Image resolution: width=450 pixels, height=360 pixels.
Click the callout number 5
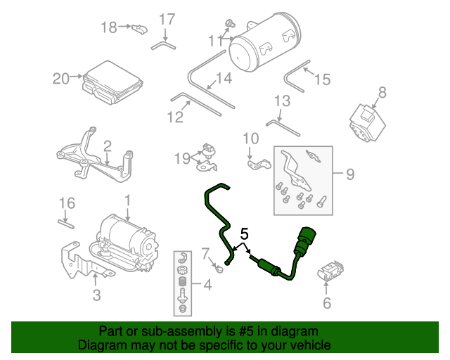click(245, 233)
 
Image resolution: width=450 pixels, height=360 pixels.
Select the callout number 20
click(61, 78)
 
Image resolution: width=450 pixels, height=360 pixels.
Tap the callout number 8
click(382, 92)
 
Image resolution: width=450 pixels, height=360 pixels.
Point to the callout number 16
click(67, 204)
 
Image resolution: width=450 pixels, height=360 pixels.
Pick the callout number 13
click(281, 101)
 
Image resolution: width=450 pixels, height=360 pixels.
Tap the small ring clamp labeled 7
click(219, 268)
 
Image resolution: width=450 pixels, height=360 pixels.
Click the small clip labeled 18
click(139, 29)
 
